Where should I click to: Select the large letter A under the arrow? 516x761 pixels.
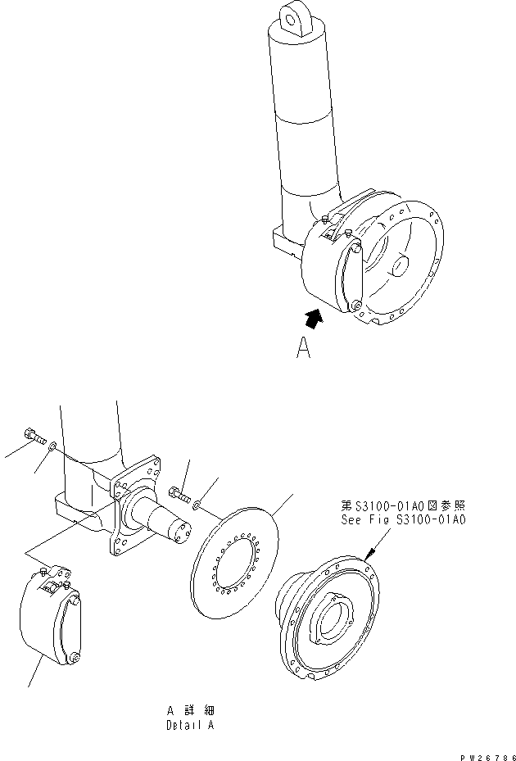[304, 350]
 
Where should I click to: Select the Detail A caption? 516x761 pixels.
[189, 724]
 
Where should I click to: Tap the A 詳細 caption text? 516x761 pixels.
[189, 709]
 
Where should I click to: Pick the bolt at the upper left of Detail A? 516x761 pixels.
[32, 436]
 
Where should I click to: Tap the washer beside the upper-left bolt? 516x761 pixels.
[52, 446]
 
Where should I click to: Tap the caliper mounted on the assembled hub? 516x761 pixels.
[336, 270]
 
